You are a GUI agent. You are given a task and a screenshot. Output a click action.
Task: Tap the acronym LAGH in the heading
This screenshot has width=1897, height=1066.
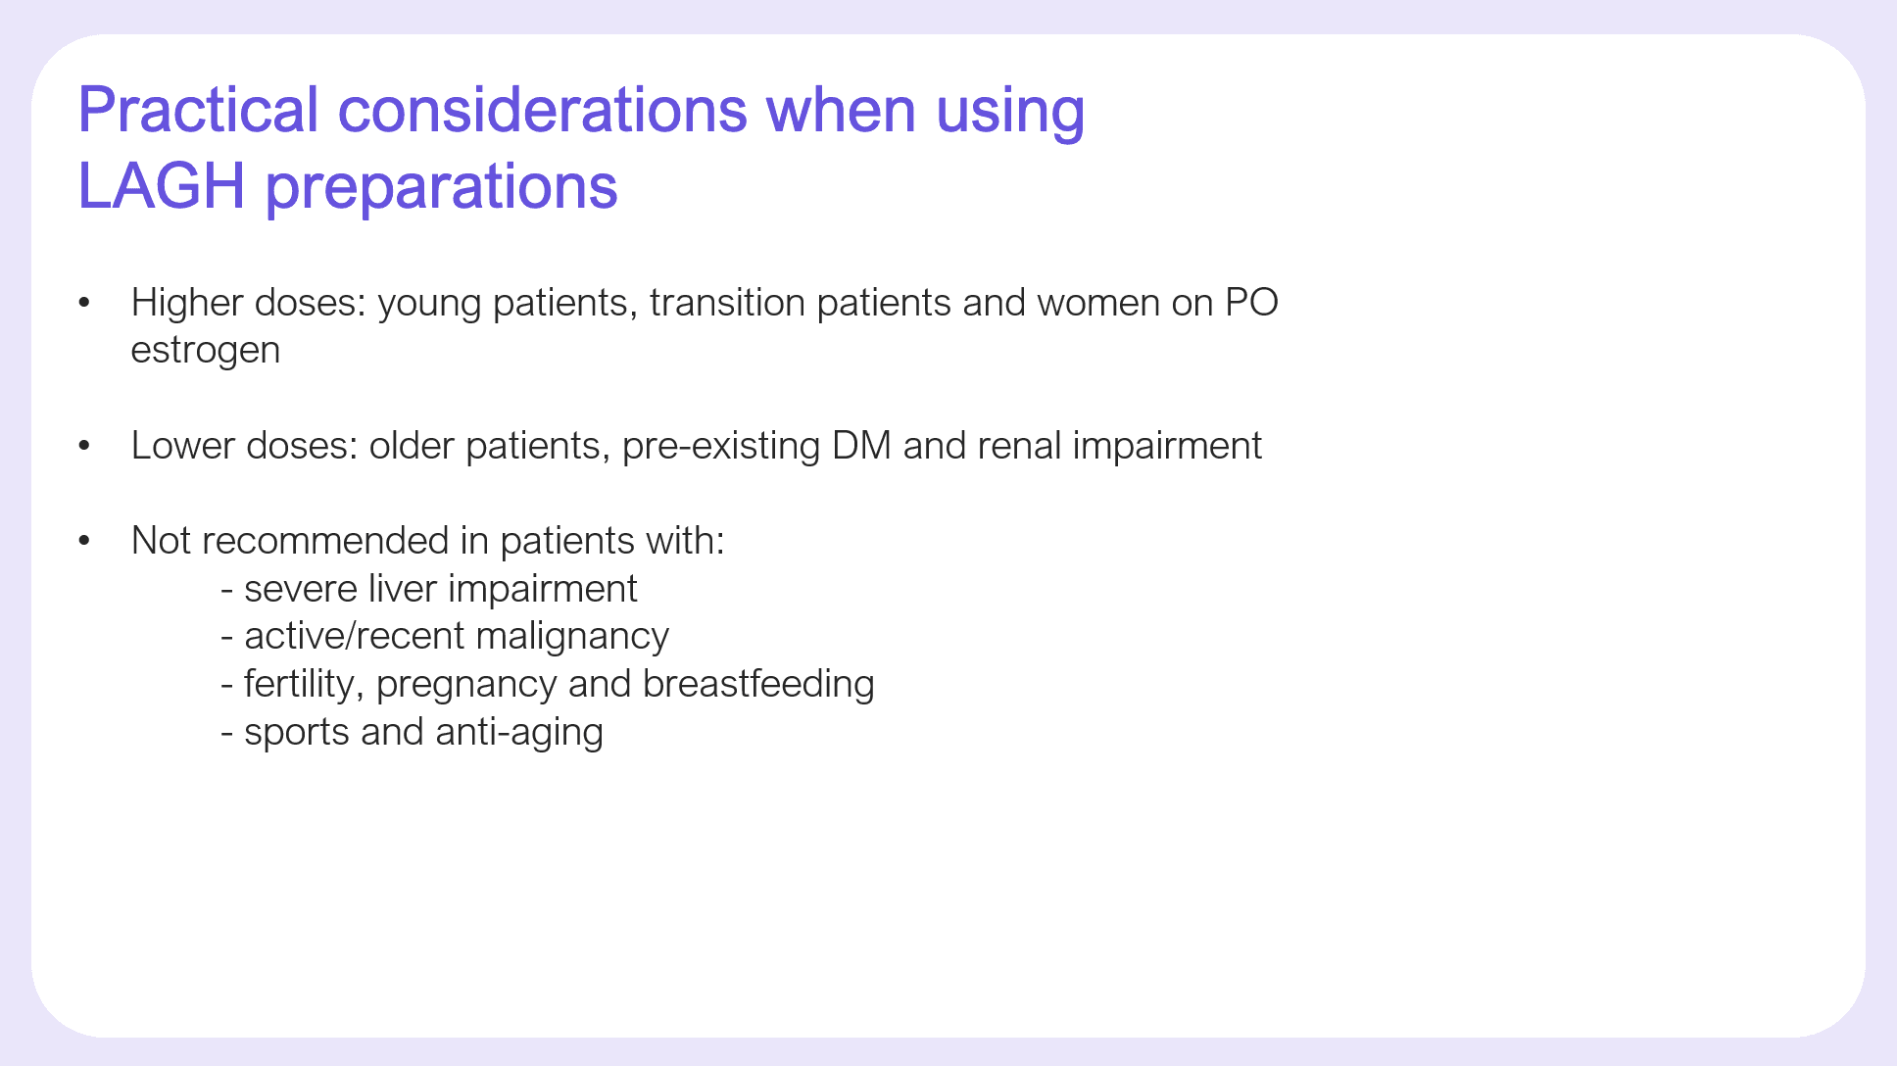coord(162,185)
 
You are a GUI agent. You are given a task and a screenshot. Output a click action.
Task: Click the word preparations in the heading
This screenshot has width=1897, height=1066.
coord(442,188)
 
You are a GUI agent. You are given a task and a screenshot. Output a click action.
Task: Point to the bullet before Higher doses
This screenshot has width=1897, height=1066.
coord(84,303)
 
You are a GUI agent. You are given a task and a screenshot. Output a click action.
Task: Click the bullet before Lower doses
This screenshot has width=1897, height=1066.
coord(84,446)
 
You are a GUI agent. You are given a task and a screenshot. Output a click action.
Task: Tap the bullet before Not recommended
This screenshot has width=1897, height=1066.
coord(84,541)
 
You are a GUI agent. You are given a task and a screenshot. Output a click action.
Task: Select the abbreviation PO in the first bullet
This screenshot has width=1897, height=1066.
coord(1252,303)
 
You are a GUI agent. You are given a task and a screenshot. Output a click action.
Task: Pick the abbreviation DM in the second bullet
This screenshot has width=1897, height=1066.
coord(862,446)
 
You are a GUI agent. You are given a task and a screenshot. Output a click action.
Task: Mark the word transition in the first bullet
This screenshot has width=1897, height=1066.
coord(727,303)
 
